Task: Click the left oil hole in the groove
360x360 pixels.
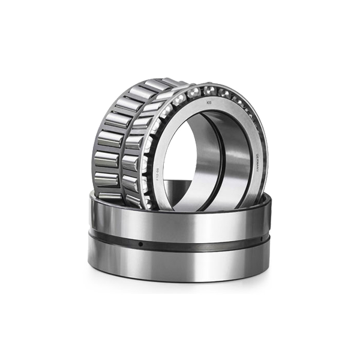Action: (x=140, y=244)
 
